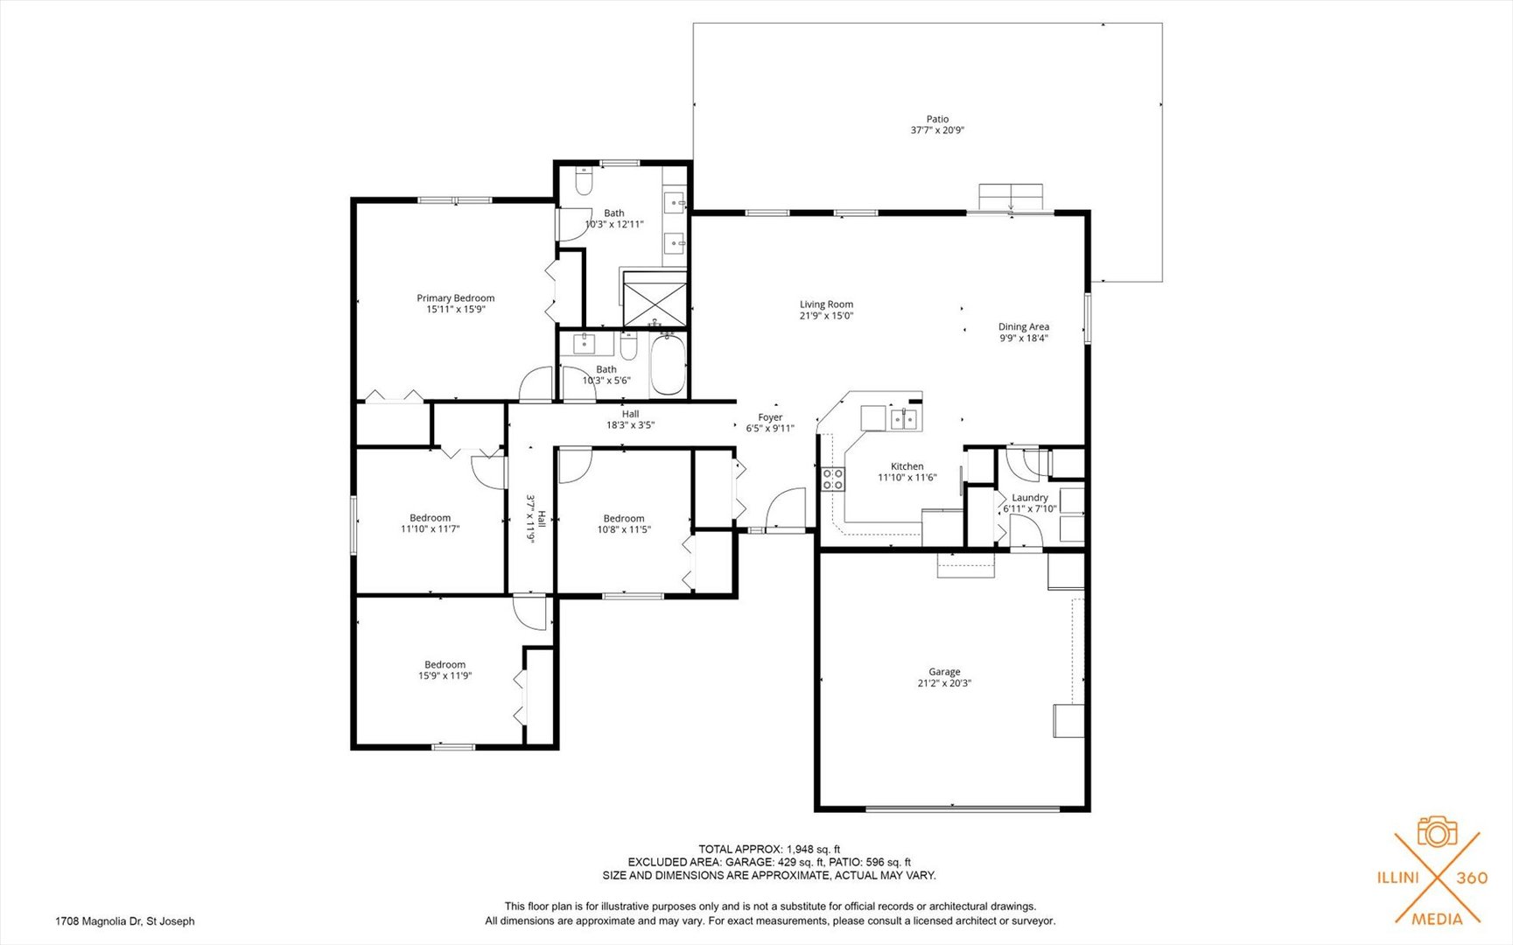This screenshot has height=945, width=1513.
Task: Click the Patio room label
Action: tap(937, 119)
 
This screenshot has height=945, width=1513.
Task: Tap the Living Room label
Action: tap(826, 304)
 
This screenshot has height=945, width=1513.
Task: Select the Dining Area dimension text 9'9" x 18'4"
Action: tap(1024, 339)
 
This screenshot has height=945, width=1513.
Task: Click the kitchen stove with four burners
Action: tap(833, 479)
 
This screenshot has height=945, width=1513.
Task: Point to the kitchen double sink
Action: tap(905, 420)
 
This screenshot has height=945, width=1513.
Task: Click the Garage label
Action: tap(944, 672)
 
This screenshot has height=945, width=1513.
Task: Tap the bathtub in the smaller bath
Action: tap(669, 366)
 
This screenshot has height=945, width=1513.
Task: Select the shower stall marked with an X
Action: tap(654, 299)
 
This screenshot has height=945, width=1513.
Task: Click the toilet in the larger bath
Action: tap(584, 182)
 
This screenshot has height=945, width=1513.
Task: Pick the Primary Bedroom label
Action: tap(455, 298)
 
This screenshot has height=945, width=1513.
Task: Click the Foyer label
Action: tap(770, 417)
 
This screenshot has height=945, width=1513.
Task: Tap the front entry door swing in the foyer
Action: tap(785, 508)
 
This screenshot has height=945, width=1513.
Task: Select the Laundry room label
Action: tap(1030, 497)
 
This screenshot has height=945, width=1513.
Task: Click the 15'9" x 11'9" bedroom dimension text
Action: tap(445, 675)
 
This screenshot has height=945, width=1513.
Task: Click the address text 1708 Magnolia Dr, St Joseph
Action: tap(125, 921)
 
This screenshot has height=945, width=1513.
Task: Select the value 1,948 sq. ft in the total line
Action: tap(814, 849)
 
